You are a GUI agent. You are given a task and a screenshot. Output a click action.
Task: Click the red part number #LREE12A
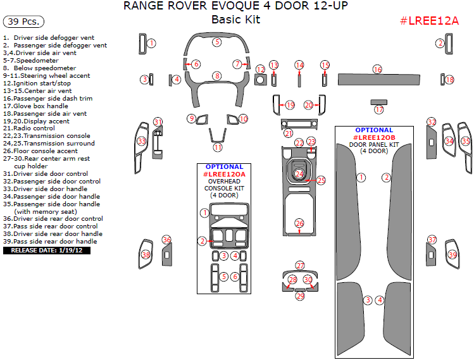(429, 20)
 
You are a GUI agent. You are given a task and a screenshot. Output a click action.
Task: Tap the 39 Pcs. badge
(23, 22)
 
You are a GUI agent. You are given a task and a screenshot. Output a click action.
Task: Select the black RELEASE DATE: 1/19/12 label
(47, 250)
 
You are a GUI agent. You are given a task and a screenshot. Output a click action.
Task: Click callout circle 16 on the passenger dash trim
(377, 69)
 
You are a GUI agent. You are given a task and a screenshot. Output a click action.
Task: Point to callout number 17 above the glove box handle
(379, 109)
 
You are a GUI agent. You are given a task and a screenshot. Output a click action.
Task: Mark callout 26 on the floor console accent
(299, 223)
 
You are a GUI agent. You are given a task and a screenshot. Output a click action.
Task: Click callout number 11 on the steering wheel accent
(218, 147)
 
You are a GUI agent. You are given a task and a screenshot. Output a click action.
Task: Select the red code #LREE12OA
(224, 174)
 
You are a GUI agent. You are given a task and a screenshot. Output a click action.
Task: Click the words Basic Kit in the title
(235, 20)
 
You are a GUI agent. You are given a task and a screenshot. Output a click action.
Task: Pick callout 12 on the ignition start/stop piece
(260, 68)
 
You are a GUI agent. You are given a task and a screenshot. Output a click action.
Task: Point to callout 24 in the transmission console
(299, 173)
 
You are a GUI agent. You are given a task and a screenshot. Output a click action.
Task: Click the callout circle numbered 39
(452, 254)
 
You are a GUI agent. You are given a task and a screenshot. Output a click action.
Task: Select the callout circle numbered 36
(166, 240)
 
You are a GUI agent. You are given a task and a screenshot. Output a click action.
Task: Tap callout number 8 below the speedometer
(217, 76)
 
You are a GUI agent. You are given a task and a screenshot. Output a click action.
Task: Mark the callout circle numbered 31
(158, 121)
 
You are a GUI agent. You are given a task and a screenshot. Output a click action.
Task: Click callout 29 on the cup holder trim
(300, 295)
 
